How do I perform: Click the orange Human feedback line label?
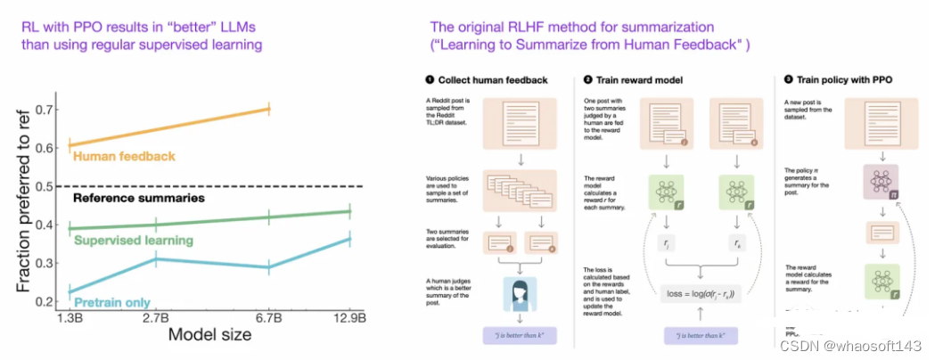point(124,157)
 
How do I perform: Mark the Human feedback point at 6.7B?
point(269,109)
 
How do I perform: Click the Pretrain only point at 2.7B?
point(155,259)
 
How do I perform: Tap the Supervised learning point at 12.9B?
point(349,211)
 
